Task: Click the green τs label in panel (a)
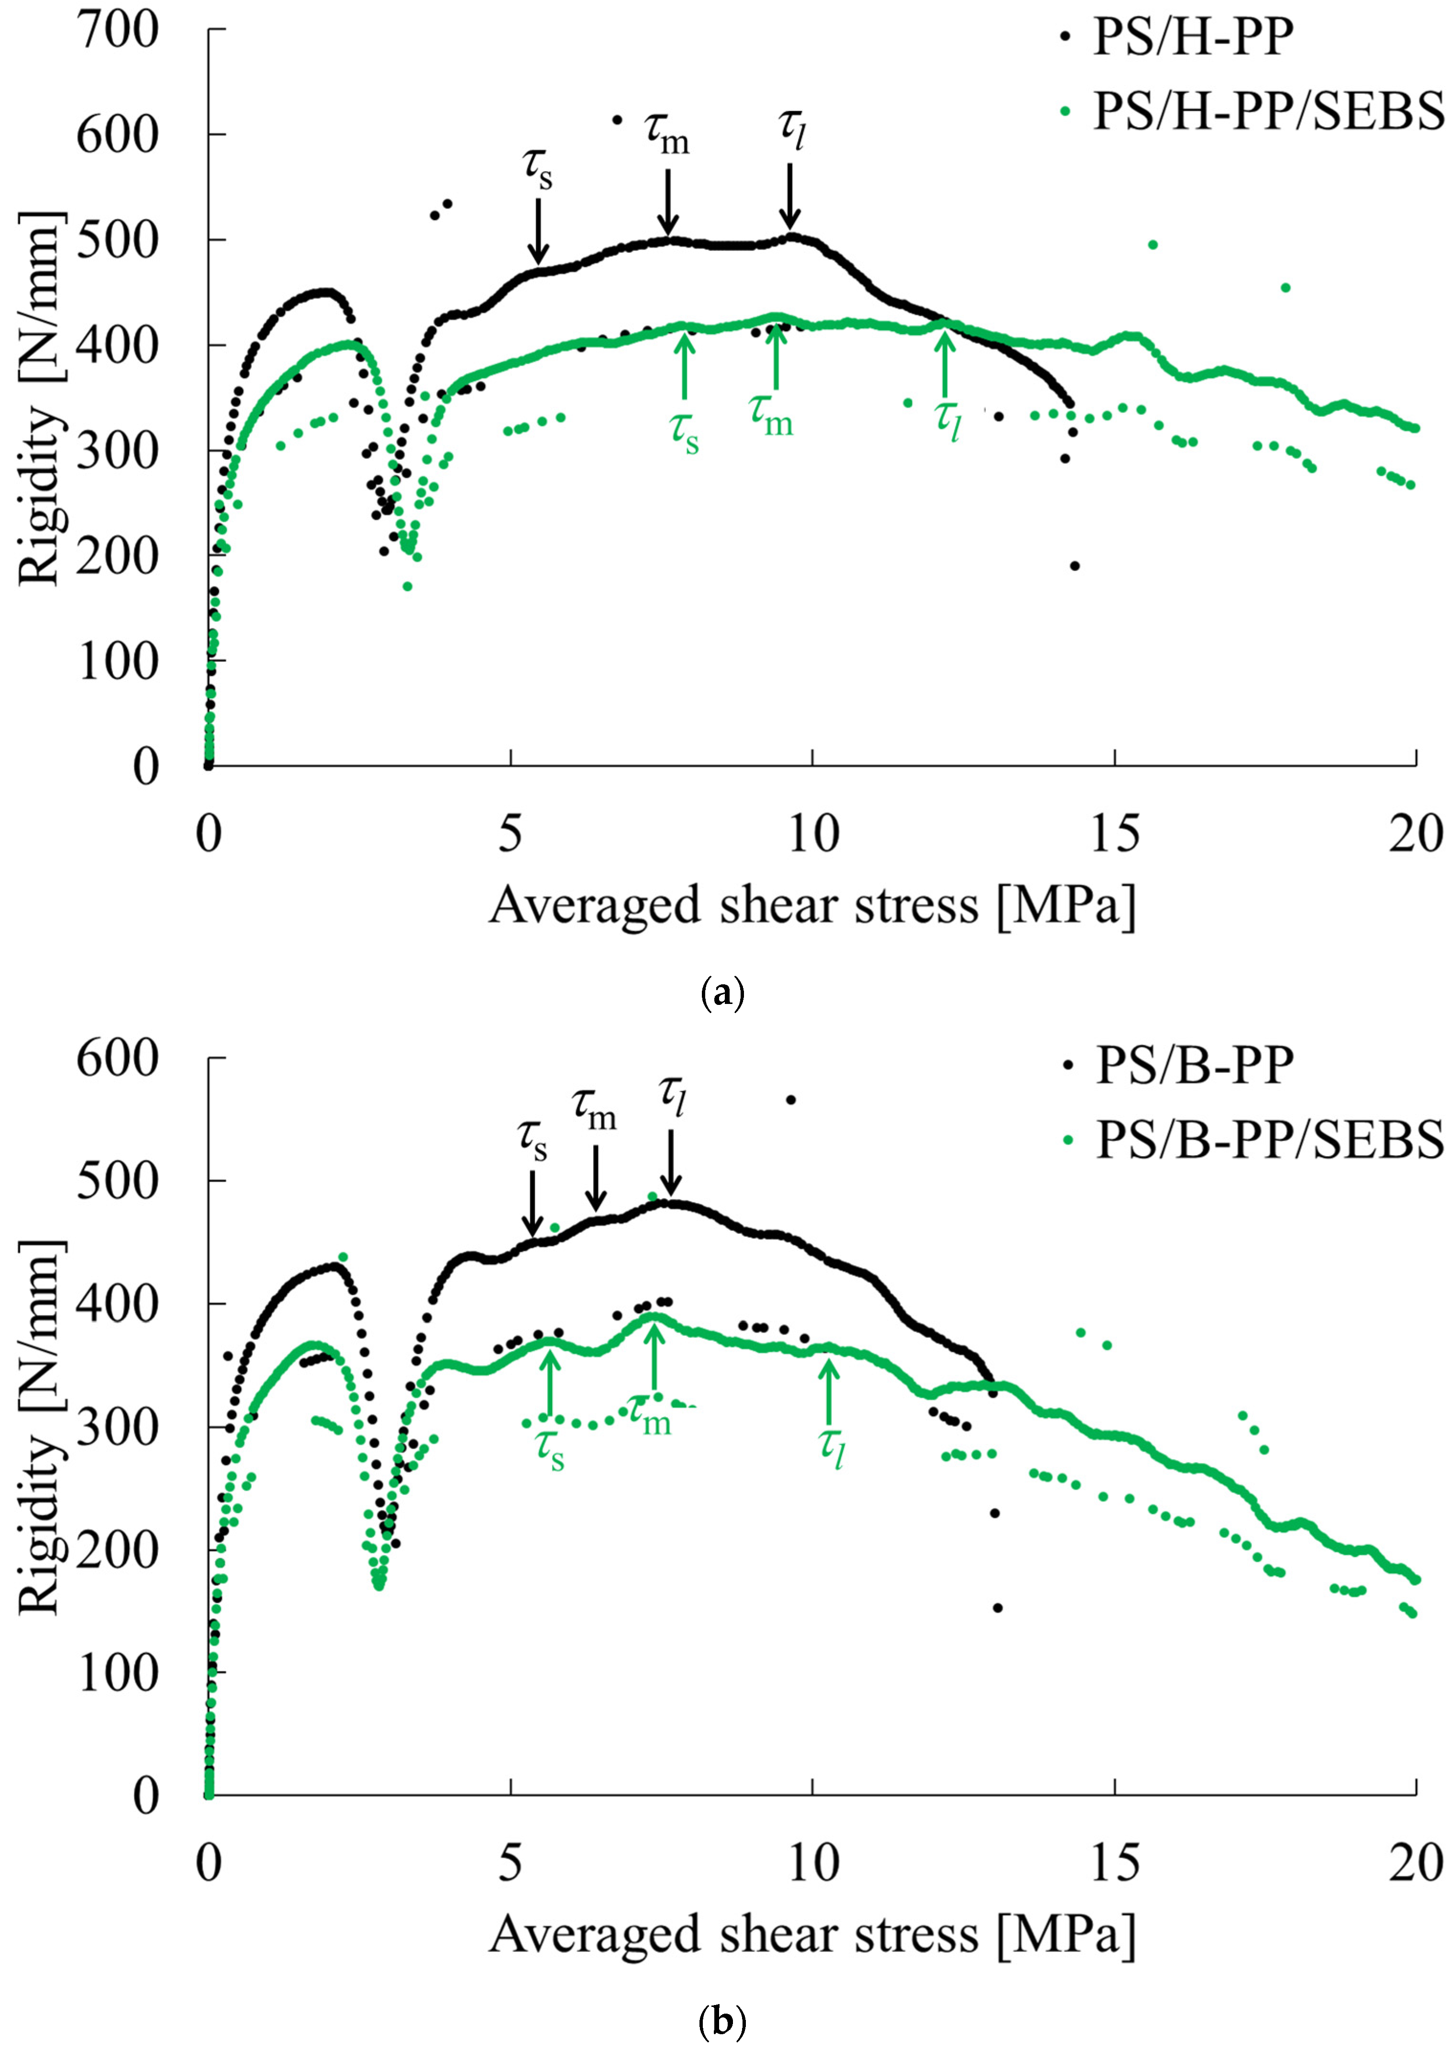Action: click(x=685, y=431)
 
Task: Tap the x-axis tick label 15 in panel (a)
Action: click(x=1115, y=835)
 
